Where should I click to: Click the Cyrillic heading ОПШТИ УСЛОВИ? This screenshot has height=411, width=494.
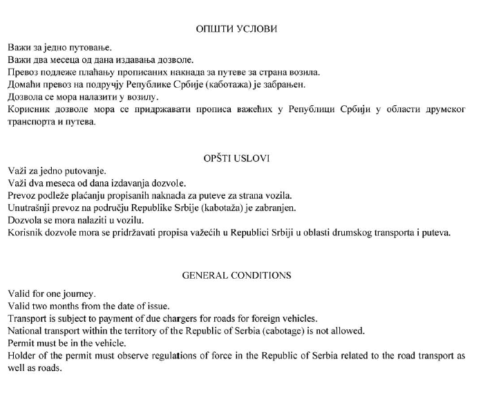coord(236,29)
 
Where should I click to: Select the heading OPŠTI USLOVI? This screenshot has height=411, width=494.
coord(236,158)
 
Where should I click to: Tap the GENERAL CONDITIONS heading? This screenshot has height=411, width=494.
coord(236,275)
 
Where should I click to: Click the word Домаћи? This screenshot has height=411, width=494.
coord(24,84)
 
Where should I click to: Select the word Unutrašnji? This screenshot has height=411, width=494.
coord(29,208)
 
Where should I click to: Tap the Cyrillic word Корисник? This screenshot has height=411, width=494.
coord(29,109)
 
